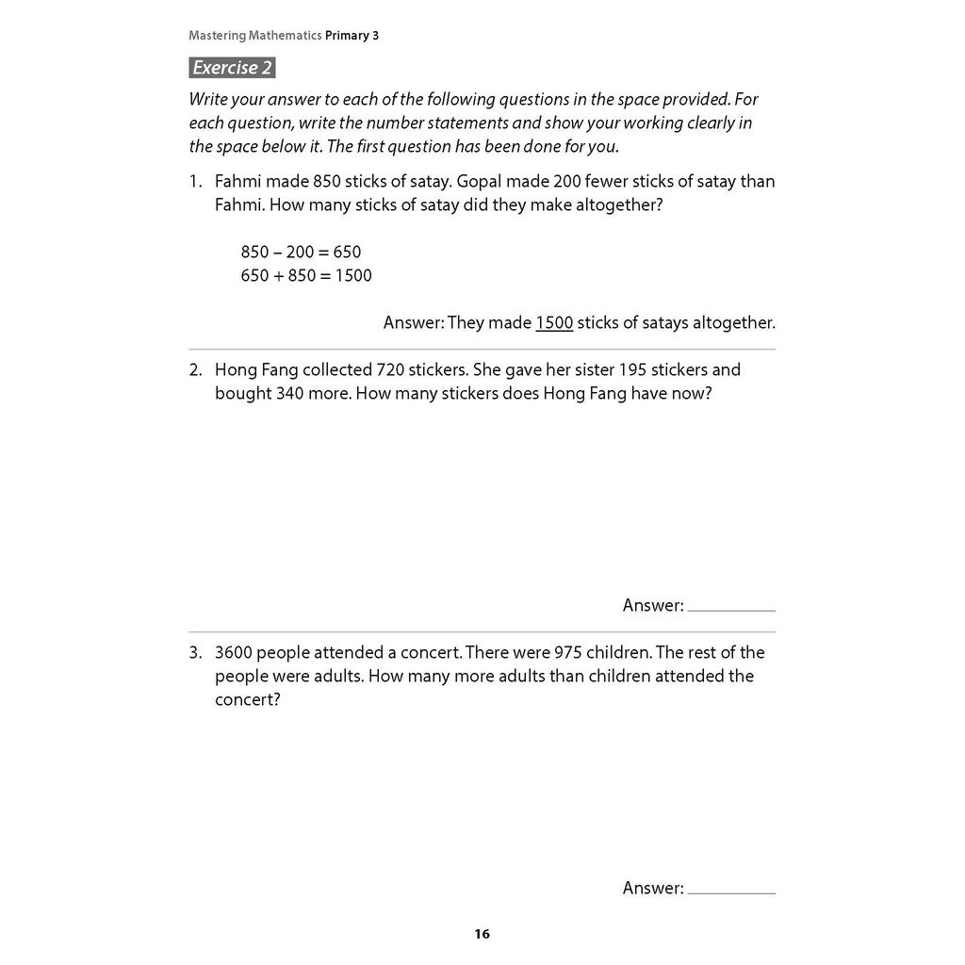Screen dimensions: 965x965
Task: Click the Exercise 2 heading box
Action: point(232,68)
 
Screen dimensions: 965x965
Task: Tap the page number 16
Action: point(482,934)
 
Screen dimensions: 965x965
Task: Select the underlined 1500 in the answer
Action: point(554,322)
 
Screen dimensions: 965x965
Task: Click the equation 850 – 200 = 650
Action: point(301,252)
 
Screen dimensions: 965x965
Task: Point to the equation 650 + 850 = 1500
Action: point(306,275)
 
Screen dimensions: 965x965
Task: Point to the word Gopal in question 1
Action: point(482,181)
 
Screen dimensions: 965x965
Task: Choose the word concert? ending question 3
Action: point(248,700)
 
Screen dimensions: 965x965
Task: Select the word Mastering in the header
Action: point(217,36)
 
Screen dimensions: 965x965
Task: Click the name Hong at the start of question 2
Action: point(236,369)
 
